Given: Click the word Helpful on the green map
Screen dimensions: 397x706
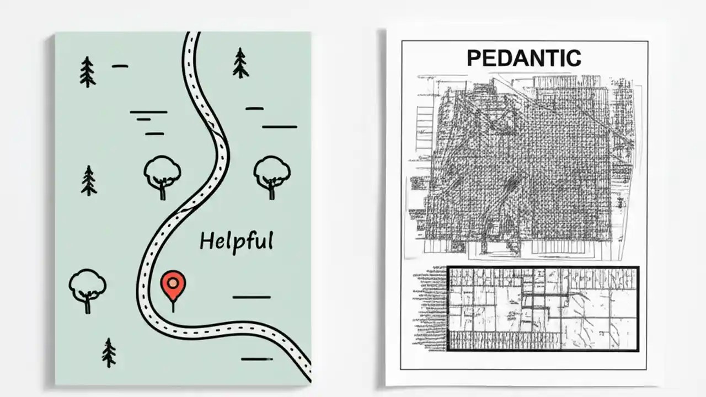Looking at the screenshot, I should [236, 242].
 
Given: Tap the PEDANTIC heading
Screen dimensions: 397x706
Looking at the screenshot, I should [523, 58].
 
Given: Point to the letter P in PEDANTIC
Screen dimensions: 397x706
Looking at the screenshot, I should [474, 58].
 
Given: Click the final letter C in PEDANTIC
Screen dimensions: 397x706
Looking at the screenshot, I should [574, 58].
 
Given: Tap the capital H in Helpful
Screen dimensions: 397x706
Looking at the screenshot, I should [206, 240].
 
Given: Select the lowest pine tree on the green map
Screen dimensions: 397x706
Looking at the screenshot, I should [109, 353].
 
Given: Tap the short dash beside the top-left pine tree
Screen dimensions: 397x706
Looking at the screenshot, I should [120, 66].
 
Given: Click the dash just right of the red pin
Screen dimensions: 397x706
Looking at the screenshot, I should [251, 297].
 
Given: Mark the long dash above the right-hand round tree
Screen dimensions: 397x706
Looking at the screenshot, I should [279, 126].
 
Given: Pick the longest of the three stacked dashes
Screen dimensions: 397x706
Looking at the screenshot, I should [148, 112].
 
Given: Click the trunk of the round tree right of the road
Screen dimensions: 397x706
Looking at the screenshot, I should [271, 192].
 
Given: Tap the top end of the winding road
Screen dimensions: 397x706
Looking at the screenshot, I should [191, 35].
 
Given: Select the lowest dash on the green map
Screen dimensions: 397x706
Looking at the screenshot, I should [256, 359].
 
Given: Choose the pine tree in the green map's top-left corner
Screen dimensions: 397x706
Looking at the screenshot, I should [87, 72].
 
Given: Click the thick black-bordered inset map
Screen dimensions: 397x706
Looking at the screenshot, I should [542, 308].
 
